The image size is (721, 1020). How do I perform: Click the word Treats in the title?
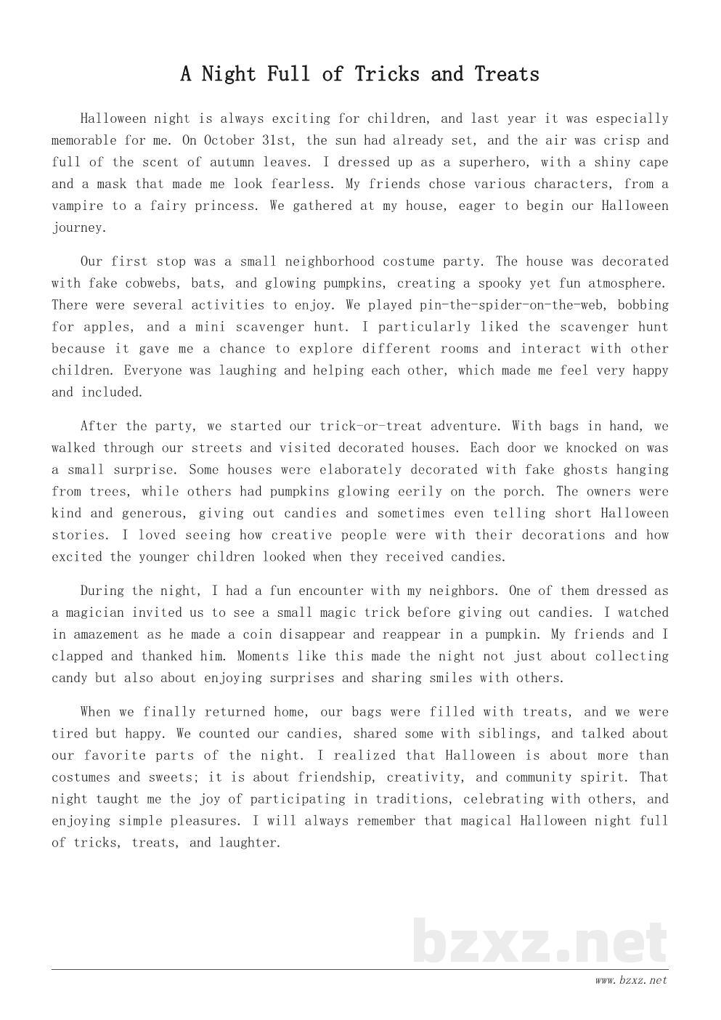[507, 74]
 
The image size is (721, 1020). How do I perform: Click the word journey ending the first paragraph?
[78, 227]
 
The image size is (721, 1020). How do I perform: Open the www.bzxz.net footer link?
[630, 981]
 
